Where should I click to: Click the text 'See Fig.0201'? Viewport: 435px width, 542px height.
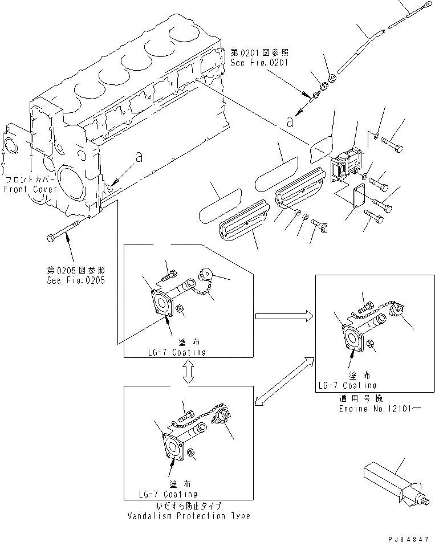[259, 64]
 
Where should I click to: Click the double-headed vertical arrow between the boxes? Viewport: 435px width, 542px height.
[189, 371]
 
